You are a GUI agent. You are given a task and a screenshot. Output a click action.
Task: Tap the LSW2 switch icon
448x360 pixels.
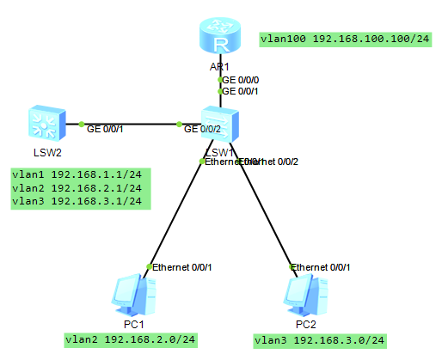coord(46,124)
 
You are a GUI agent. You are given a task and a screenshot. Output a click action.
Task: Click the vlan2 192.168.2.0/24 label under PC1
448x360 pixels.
coord(131,340)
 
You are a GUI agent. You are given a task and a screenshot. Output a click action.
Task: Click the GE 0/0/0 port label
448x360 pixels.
coord(240,79)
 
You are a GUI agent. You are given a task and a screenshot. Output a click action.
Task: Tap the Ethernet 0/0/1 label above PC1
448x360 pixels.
coord(181,267)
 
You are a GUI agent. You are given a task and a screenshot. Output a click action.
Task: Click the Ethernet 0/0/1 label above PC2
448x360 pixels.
coord(322,267)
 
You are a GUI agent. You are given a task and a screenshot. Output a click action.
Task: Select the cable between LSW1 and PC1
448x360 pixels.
coord(176,214)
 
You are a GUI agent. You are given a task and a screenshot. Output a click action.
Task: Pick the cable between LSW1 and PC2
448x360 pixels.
coord(268,215)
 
